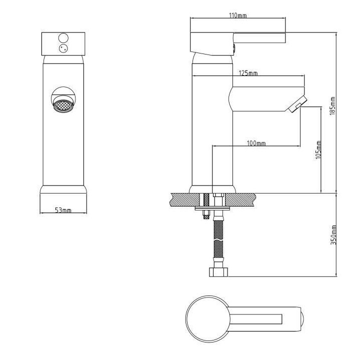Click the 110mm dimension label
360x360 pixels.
pos(238,15)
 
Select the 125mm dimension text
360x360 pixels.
pos(248,73)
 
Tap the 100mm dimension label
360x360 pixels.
pos(256,143)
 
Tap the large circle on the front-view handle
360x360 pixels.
pos(63,37)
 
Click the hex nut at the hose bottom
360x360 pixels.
pos(218,272)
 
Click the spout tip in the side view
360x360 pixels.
pos(298,105)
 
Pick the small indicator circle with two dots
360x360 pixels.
pos(63,48)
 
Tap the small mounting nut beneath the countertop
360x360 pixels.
pos(205,216)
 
